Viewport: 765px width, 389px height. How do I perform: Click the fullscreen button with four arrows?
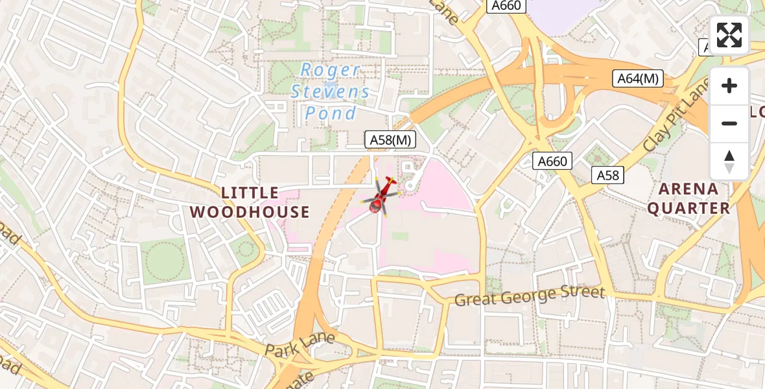click(729, 35)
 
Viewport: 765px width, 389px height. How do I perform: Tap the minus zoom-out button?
click(729, 123)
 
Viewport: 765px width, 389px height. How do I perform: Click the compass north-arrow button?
click(729, 161)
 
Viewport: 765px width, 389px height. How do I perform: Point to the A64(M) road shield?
click(638, 78)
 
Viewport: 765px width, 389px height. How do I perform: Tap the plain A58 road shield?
click(607, 175)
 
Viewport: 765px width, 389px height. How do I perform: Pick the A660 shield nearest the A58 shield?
click(552, 161)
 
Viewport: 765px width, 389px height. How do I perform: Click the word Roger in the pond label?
click(331, 70)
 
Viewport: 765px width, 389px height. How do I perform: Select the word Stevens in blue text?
click(331, 91)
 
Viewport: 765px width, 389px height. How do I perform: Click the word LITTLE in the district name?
click(250, 193)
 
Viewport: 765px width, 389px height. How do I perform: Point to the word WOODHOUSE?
click(250, 212)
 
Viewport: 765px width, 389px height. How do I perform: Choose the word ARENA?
click(688, 189)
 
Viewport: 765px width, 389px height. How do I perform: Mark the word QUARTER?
click(688, 208)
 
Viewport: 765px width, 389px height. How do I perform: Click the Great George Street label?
click(529, 296)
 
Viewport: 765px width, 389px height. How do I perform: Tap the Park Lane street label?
click(300, 344)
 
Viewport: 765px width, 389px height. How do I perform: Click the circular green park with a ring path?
click(164, 261)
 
